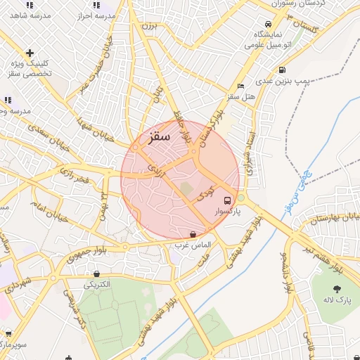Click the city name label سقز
[x=160, y=139]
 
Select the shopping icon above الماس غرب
[x=193, y=234]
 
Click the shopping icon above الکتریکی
[x=96, y=274]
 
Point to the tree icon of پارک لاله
[x=337, y=288]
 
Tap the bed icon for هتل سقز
[x=241, y=86]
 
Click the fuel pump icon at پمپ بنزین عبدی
[x=282, y=70]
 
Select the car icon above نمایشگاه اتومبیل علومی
[x=266, y=22]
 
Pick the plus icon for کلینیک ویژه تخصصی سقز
[x=30, y=53]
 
